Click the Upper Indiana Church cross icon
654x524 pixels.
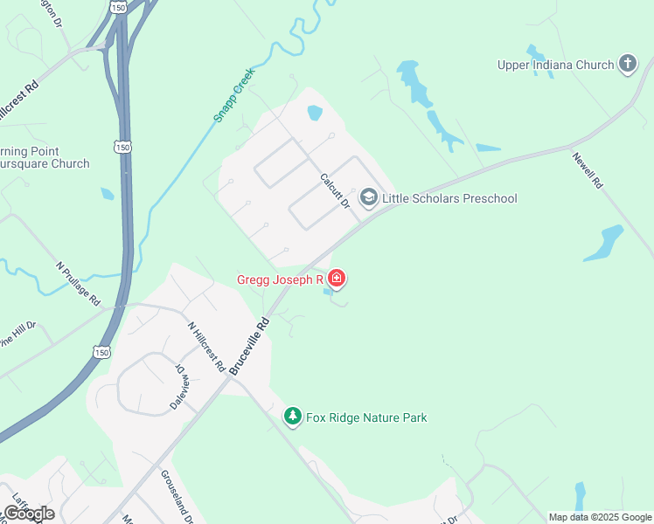coord(627,64)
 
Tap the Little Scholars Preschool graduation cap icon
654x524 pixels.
coord(368,198)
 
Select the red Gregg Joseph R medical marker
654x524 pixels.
coord(337,279)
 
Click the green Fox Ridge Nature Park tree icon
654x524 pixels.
coord(294,417)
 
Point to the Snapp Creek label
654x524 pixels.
coord(233,94)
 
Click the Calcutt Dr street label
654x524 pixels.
coord(334,190)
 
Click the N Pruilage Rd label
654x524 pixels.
coord(78,283)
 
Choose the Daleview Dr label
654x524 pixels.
coord(178,388)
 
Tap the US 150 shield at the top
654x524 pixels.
coord(118,7)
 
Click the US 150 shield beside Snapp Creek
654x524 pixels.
coord(123,148)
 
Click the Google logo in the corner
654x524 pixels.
coord(29,514)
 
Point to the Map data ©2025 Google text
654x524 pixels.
coord(600,517)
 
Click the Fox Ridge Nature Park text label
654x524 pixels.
coord(366,417)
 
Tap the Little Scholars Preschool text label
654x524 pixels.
coord(449,198)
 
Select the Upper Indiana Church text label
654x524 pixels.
coord(555,64)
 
